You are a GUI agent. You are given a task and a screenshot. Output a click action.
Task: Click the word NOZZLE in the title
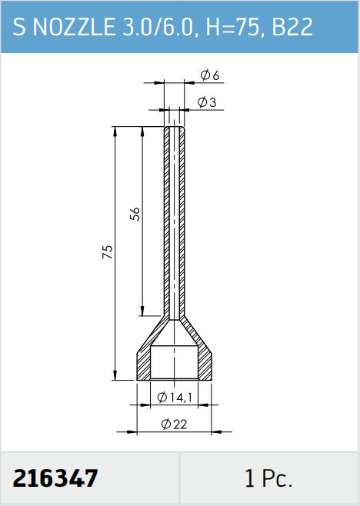74,26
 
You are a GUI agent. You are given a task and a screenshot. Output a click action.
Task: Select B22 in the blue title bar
292,26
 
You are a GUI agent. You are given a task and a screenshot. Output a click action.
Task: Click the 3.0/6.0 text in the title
160,26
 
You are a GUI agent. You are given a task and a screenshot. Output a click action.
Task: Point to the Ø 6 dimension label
209,75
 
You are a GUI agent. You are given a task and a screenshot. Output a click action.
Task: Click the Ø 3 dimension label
207,102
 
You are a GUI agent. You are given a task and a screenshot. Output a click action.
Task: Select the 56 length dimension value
135,214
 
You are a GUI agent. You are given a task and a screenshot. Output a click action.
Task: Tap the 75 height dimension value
108,251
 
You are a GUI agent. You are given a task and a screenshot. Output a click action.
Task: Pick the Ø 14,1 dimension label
175,398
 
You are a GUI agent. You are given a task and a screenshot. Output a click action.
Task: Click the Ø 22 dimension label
174,424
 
